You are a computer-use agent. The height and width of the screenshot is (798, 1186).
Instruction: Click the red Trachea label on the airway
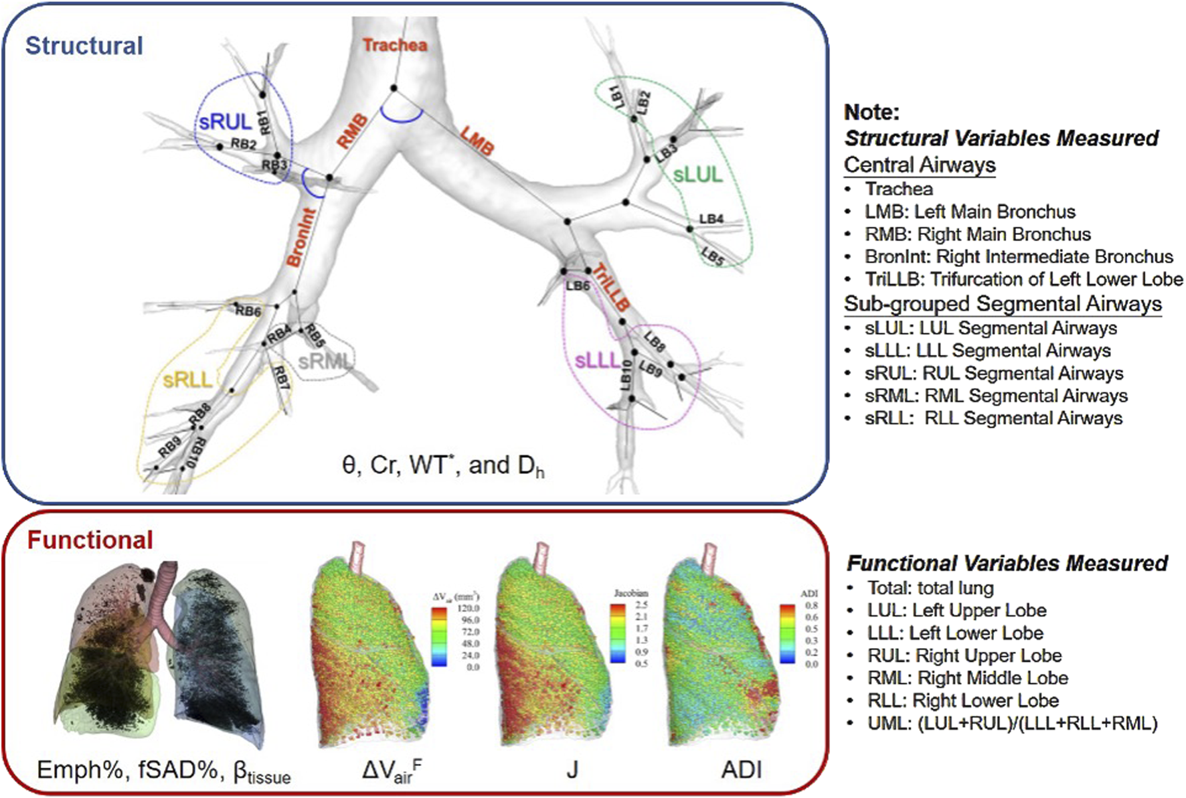pos(394,45)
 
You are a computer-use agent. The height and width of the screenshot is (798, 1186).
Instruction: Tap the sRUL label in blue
pos(225,122)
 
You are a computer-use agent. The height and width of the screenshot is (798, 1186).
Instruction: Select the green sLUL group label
pos(697,175)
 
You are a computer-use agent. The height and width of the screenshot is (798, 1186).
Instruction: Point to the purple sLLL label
pos(598,361)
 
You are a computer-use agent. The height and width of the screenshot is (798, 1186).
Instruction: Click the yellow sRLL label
pos(187,380)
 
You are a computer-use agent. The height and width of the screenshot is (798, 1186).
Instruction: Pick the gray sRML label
pos(325,362)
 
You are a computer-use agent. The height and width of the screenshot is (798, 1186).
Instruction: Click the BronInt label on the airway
pos(301,238)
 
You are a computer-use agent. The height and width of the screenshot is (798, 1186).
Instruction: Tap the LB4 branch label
pos(711,219)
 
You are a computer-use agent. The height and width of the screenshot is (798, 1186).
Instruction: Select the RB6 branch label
pos(248,311)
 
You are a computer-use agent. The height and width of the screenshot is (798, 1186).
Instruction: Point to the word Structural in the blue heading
pos(84,46)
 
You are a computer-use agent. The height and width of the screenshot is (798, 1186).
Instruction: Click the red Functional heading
pos(90,540)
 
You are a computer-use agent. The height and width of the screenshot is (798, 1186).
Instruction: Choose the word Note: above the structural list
pos(871,112)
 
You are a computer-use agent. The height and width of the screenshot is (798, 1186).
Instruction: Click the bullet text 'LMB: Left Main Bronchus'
pos(969,212)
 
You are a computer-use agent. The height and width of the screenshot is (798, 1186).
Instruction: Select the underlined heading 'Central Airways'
pos(920,165)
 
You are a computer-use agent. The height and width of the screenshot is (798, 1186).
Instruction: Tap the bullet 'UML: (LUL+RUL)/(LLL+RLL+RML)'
pos(1012,723)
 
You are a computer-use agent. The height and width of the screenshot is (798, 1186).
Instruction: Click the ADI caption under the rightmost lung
pos(741,770)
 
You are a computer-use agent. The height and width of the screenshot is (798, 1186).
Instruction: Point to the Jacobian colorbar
pos(618,633)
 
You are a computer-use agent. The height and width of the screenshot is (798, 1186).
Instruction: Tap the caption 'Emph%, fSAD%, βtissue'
pos(164,771)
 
